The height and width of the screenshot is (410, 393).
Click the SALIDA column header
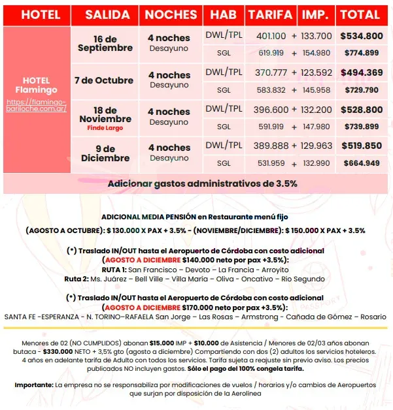(103, 14)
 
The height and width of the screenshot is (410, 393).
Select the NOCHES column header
(171, 14)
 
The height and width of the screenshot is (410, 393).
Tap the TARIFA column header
(270, 14)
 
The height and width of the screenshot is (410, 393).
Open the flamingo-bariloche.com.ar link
(37, 106)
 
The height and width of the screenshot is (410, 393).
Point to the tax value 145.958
(316, 89)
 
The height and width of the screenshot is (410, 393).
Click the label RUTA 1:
(112, 269)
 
